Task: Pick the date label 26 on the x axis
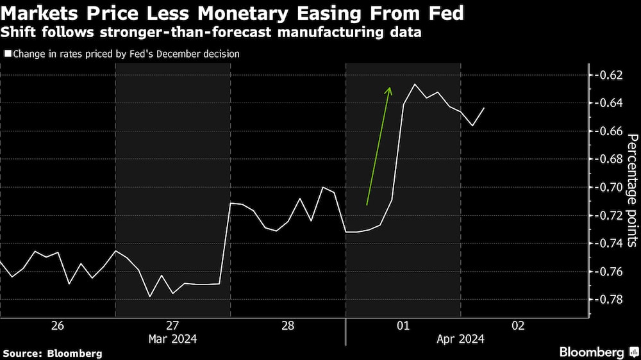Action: point(58,326)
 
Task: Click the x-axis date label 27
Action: point(173,326)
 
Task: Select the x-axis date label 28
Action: point(288,326)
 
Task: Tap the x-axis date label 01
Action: point(403,326)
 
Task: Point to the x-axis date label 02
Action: point(518,326)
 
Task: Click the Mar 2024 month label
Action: point(173,339)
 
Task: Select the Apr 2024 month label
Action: point(461,339)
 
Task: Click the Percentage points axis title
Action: point(631,190)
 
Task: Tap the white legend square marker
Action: point(8,54)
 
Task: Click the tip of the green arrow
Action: point(389,88)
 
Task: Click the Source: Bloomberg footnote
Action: point(53,353)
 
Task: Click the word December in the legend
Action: point(174,54)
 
